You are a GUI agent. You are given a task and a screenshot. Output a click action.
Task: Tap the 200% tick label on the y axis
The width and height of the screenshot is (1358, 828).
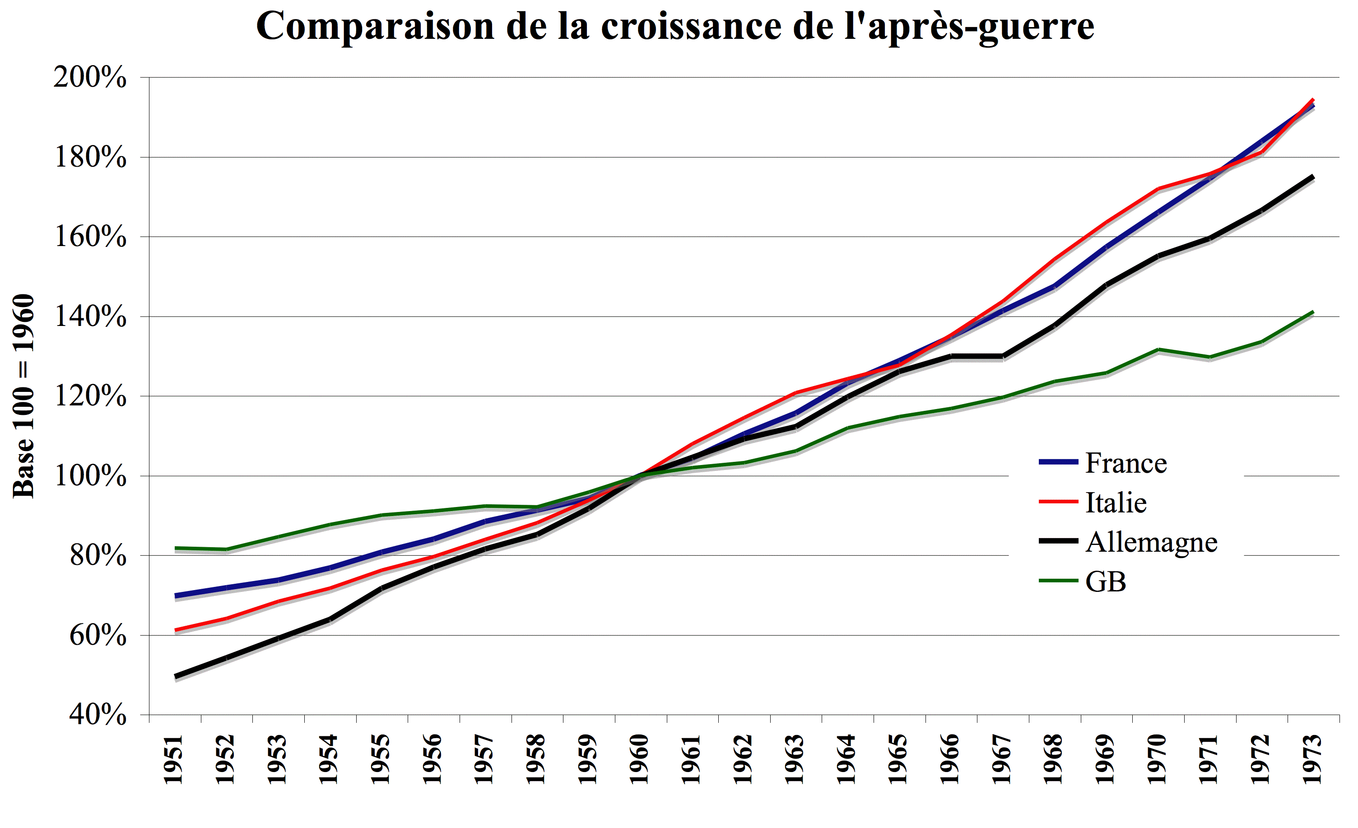pyautogui.click(x=90, y=77)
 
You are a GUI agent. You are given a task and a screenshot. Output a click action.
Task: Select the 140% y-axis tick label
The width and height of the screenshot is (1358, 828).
pyautogui.click(x=90, y=316)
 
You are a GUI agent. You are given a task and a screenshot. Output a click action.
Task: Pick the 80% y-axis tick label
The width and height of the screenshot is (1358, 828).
pyautogui.click(x=98, y=556)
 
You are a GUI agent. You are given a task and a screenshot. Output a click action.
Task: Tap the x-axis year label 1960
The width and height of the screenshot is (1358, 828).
pyautogui.click(x=639, y=758)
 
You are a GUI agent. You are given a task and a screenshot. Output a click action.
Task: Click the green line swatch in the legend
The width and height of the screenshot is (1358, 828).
pyautogui.click(x=1058, y=581)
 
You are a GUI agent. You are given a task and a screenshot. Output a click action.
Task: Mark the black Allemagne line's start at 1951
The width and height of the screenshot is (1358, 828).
pyautogui.click(x=175, y=676)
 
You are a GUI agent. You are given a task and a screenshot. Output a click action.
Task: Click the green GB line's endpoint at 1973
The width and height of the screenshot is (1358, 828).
pyautogui.click(x=1313, y=312)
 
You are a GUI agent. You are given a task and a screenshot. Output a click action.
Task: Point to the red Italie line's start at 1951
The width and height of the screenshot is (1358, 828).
pyautogui.click(x=175, y=629)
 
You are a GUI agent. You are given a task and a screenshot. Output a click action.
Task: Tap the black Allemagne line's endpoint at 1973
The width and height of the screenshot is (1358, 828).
pyautogui.click(x=1313, y=177)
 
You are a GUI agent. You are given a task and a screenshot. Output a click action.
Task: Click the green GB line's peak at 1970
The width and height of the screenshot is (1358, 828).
pyautogui.click(x=1158, y=349)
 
